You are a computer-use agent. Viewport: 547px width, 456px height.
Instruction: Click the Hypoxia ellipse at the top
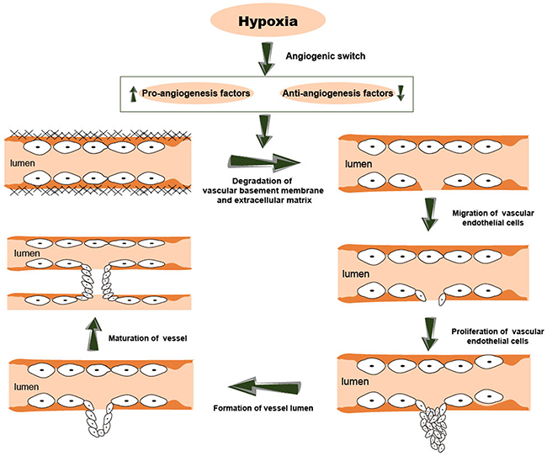[268, 21]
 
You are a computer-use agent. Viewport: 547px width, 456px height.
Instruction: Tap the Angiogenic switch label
[326, 56]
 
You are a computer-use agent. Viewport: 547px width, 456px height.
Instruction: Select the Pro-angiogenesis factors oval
[196, 93]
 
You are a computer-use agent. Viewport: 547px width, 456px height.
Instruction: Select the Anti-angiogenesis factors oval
[337, 93]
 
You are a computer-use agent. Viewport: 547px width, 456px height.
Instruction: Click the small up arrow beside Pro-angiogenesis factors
[133, 94]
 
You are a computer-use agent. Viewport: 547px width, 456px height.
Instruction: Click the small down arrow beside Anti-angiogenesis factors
[401, 93]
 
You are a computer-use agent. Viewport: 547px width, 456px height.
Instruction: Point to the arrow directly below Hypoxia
[266, 59]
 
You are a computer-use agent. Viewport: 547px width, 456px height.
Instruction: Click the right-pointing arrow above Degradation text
[264, 162]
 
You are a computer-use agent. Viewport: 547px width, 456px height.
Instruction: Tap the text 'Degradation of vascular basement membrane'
[263, 186]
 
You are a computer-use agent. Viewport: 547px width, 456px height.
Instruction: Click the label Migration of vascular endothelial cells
[493, 218]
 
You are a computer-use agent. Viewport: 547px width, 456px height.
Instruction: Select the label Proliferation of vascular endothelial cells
[497, 336]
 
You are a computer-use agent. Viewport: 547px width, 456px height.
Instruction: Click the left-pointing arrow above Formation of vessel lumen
[265, 386]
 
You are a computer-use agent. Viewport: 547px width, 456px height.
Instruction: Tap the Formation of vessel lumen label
[263, 408]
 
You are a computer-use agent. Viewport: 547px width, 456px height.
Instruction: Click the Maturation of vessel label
[147, 338]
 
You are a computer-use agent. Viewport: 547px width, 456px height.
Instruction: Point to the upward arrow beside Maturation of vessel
[94, 334]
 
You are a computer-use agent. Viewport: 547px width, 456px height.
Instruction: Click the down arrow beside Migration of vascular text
[429, 215]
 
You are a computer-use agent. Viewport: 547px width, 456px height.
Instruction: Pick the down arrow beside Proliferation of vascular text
[429, 334]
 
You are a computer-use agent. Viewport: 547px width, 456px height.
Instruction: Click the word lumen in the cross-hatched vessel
[23, 163]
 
